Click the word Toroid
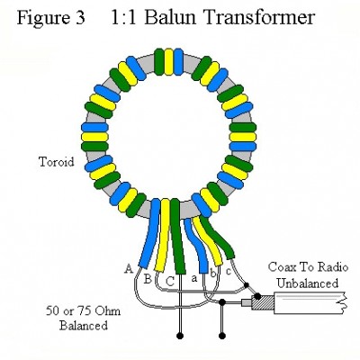click(x=57, y=162)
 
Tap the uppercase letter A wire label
click(x=129, y=269)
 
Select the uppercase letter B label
click(x=148, y=280)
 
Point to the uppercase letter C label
click(x=170, y=282)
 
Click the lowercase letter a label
click(x=194, y=279)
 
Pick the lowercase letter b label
click(x=212, y=273)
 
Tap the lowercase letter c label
click(x=228, y=272)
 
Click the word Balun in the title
click(x=170, y=18)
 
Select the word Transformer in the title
click(x=258, y=18)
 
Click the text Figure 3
click(x=51, y=18)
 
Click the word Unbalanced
click(x=308, y=283)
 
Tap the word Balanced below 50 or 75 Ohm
click(x=84, y=326)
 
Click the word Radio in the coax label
click(x=335, y=267)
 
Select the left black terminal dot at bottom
click(x=180, y=336)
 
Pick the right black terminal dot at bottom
click(x=222, y=336)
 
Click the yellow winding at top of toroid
click(x=169, y=62)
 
